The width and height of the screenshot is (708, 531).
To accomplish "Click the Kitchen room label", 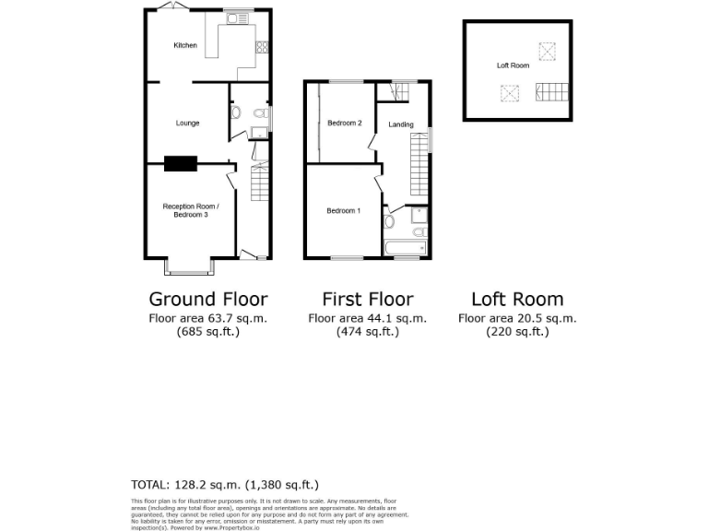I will [x=186, y=45].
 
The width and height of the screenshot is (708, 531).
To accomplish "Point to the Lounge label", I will [x=188, y=123].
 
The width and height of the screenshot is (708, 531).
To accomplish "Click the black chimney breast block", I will [x=181, y=164].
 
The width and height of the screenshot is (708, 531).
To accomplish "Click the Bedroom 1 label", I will [x=343, y=211].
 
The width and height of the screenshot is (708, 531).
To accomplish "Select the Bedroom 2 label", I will [x=347, y=124].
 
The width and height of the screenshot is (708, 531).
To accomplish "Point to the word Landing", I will [x=401, y=124].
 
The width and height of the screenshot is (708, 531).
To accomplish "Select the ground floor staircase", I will [x=258, y=187].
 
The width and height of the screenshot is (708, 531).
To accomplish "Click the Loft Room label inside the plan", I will [x=513, y=65].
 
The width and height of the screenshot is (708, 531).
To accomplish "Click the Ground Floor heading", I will [x=208, y=299].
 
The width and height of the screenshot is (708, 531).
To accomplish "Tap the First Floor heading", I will [x=367, y=299].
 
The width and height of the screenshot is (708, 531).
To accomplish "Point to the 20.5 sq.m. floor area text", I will [x=517, y=318].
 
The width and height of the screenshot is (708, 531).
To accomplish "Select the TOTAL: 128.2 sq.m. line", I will [x=226, y=484].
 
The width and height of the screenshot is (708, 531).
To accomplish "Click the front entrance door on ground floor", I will [x=250, y=253].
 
